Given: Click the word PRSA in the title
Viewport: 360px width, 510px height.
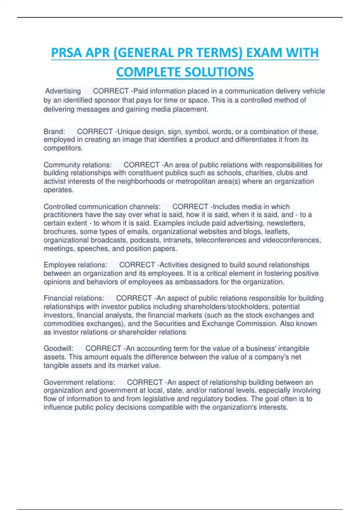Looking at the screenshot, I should pyautogui.click(x=66, y=53).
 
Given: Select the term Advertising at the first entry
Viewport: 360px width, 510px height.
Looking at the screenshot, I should pyautogui.click(x=63, y=91).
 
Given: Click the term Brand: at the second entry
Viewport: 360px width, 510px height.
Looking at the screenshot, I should pyautogui.click(x=54, y=132).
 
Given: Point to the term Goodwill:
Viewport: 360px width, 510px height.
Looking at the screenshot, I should pyautogui.click(x=58, y=349).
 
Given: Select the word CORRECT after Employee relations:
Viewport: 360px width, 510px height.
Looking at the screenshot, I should pyautogui.click(x=137, y=265).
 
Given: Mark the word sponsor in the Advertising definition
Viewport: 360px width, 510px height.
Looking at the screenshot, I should pyautogui.click(x=107, y=100).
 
